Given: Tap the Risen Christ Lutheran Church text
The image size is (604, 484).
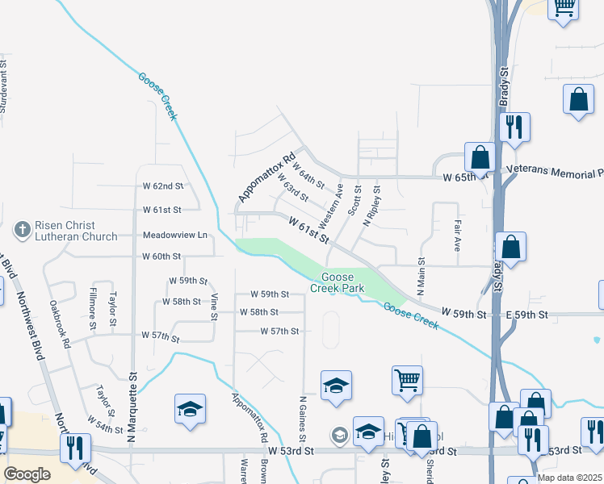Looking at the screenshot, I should pos(65,231).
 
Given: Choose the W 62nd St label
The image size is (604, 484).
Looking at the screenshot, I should pos(162,186).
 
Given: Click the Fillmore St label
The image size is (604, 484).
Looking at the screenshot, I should pos(94,307).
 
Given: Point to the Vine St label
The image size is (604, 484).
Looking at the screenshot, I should pos(214,306).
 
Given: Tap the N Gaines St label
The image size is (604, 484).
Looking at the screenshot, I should pos(303,418).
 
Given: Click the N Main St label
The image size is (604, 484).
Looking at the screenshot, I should pos(421,276).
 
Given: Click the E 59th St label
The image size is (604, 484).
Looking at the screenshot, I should pos(526,314).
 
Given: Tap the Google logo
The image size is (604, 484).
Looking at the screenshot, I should pos(27,474).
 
